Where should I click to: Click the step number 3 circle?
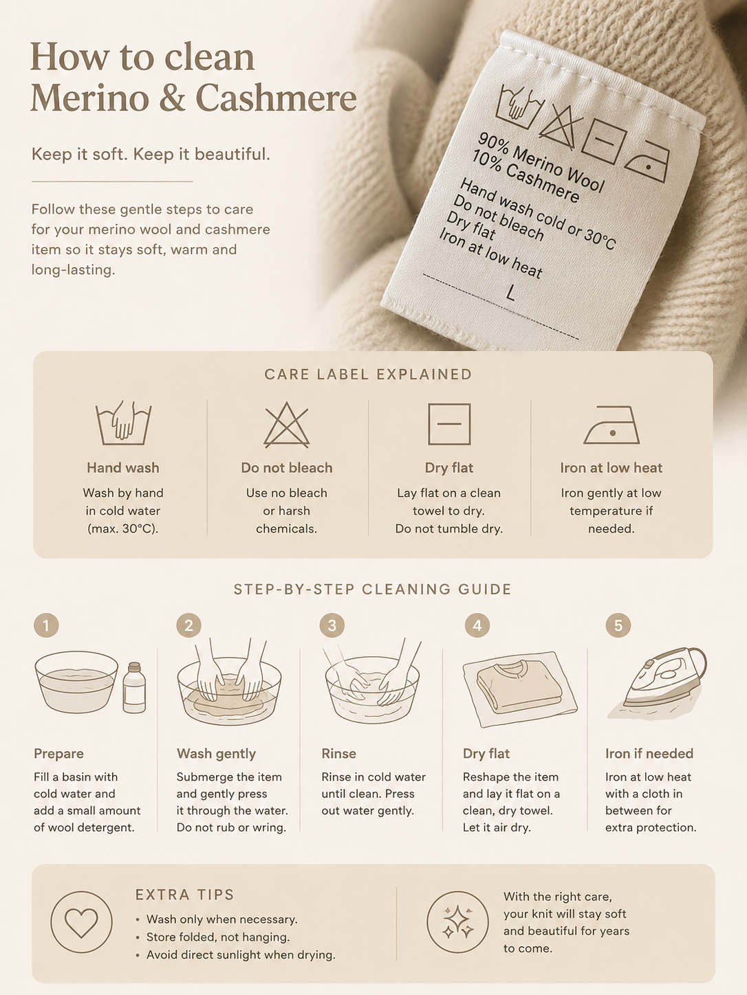pyautogui.click(x=332, y=625)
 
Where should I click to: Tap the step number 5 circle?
pyautogui.click(x=618, y=625)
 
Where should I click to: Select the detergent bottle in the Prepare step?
pyautogui.click(x=134, y=688)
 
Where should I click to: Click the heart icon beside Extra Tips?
pyautogui.click(x=81, y=922)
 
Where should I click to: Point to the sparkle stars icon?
pyautogui.click(x=457, y=922)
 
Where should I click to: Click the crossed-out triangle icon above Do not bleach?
pyautogui.click(x=287, y=425)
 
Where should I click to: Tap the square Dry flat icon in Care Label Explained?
pyautogui.click(x=449, y=424)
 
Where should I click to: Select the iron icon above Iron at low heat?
pyautogui.click(x=611, y=425)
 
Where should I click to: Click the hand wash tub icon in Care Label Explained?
pyautogui.click(x=123, y=423)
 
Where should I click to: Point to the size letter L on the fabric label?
pyautogui.click(x=510, y=293)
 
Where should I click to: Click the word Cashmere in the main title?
pyautogui.click(x=277, y=98)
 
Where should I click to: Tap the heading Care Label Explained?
pyautogui.click(x=368, y=374)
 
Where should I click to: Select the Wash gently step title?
pyautogui.click(x=217, y=753)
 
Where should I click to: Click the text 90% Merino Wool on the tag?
pyautogui.click(x=541, y=162)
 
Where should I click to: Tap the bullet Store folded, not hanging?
pyautogui.click(x=218, y=937)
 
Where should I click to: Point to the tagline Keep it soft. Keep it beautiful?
pyautogui.click(x=151, y=155)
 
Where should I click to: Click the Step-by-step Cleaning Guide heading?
pyautogui.click(x=373, y=590)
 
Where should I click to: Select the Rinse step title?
pyautogui.click(x=339, y=753)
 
